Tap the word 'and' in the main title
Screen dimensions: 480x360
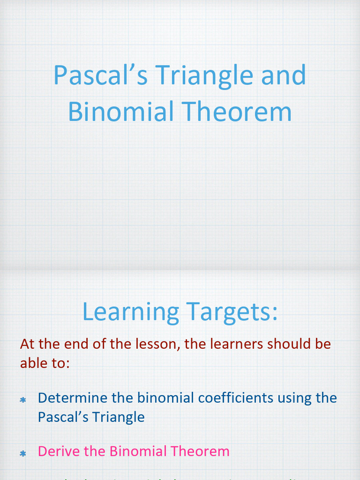(283, 75)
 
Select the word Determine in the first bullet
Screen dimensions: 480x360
(70, 398)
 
